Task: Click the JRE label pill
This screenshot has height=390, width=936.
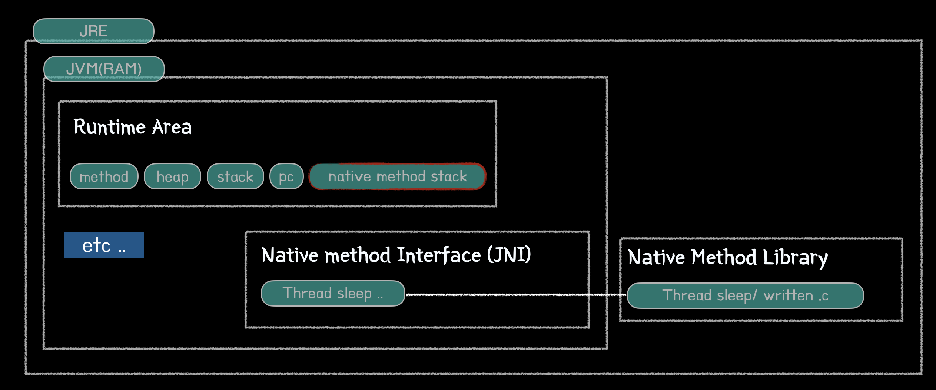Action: [x=93, y=31]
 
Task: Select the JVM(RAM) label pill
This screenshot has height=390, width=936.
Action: [x=104, y=69]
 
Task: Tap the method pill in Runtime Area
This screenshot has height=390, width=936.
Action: [x=104, y=176]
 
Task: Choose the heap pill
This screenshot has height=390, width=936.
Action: [x=172, y=176]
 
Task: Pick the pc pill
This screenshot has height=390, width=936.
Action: [x=286, y=176]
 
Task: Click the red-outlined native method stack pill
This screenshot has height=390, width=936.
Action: [x=397, y=176]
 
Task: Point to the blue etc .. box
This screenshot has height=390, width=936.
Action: [x=104, y=245]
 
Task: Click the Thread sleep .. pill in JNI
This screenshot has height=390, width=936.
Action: [x=333, y=293]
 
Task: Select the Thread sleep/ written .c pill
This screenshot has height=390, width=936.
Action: [x=745, y=295]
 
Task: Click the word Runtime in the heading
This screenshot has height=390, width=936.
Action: [x=110, y=127]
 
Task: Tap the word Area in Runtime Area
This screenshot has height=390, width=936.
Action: [x=172, y=127]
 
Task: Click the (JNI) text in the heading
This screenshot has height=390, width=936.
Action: [x=509, y=255]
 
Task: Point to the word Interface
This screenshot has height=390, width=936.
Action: [x=439, y=255]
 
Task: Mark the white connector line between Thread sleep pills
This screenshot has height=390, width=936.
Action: [x=515, y=295]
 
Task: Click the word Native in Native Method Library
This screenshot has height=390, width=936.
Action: [x=656, y=257]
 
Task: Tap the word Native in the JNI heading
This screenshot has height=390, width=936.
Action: [x=290, y=255]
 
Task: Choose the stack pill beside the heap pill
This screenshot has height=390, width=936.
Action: [x=235, y=176]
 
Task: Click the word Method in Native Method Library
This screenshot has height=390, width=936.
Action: [x=724, y=257]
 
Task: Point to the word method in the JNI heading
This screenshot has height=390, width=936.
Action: [x=358, y=255]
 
